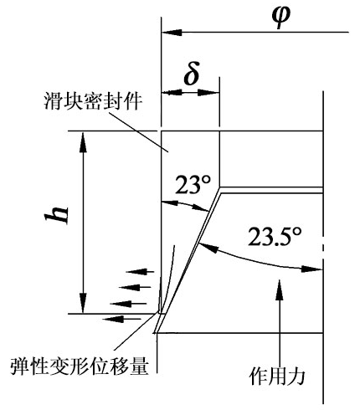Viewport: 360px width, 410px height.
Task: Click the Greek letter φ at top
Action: tap(281, 17)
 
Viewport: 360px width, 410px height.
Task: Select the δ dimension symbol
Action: tap(192, 74)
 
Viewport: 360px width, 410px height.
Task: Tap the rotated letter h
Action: tap(57, 215)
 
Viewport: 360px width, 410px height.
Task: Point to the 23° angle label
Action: tap(193, 185)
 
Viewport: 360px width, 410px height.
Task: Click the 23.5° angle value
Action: tap(275, 236)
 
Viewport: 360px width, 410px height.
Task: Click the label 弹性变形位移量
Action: tap(79, 366)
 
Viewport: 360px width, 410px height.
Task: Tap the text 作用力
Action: tap(277, 377)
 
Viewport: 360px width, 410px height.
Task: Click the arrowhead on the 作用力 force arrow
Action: tap(279, 290)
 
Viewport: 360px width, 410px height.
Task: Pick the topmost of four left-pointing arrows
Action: tap(140, 271)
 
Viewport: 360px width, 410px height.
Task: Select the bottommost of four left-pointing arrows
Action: tap(121, 319)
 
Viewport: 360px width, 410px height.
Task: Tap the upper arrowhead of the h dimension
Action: tap(83, 142)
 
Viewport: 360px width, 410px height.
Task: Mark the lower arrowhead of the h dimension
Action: tap(83, 303)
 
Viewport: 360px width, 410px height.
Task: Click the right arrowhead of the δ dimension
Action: tap(208, 93)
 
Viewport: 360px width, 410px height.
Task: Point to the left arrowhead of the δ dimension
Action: tap(172, 93)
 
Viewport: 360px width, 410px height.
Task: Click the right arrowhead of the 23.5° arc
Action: tap(311, 269)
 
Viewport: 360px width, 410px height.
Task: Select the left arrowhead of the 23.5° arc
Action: tap(208, 248)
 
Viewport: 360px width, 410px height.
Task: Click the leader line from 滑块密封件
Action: tap(139, 132)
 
